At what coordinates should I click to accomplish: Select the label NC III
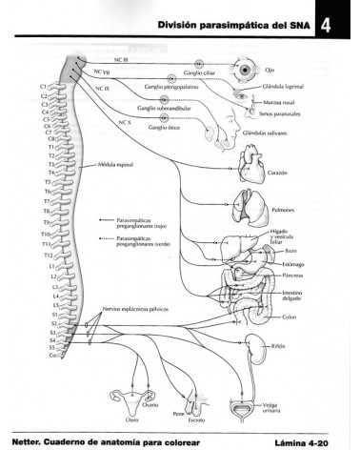tap(121, 60)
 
